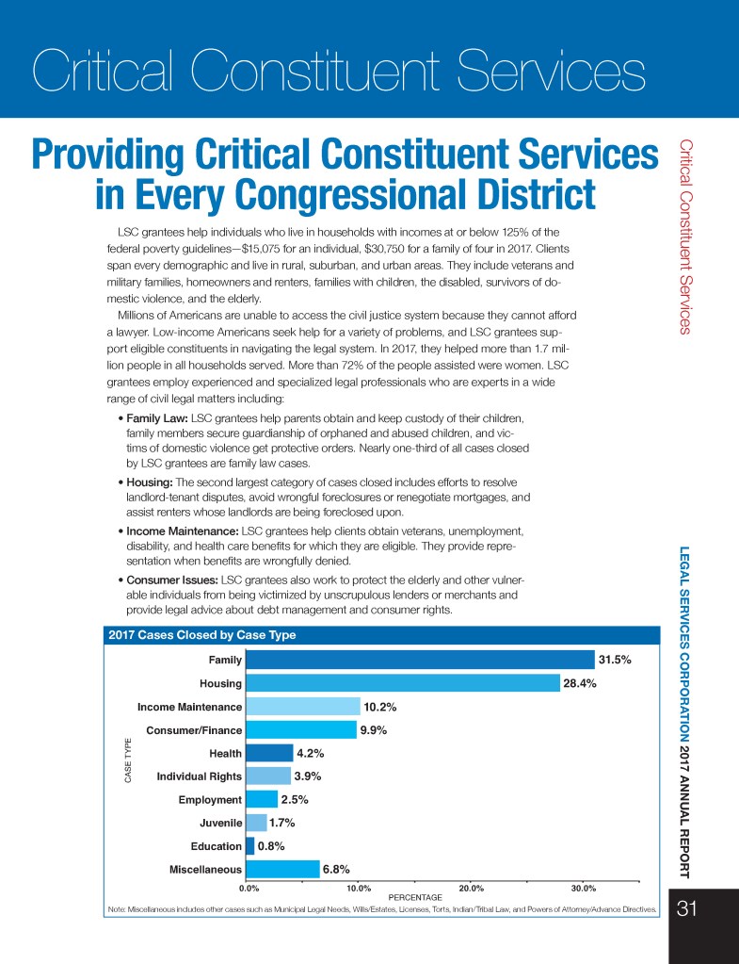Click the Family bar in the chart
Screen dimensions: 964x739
point(420,660)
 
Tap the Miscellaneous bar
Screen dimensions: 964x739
point(282,869)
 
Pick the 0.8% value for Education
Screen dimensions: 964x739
point(273,845)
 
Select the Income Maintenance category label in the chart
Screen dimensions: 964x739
point(189,706)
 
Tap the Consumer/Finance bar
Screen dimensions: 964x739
point(300,729)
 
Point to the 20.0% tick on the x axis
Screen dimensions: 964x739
point(471,887)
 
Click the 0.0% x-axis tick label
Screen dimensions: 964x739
point(249,887)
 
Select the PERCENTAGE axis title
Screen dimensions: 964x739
point(415,897)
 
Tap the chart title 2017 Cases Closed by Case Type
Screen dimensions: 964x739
point(202,635)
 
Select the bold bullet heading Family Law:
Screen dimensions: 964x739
point(156,417)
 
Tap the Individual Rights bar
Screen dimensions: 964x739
point(267,776)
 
